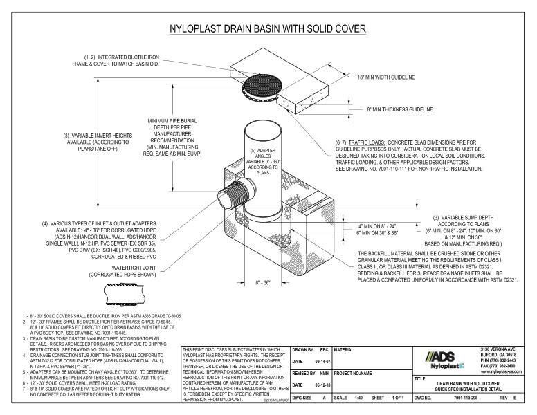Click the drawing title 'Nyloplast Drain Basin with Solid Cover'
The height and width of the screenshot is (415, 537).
(x=268, y=29)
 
